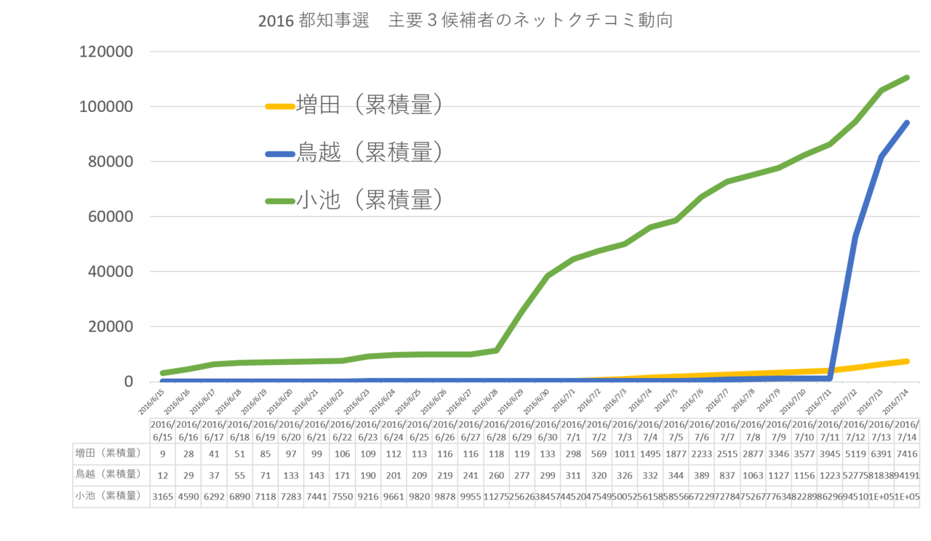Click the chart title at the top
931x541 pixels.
tap(465, 20)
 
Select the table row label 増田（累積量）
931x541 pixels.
tap(108, 454)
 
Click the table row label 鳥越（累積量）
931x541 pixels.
tap(108, 475)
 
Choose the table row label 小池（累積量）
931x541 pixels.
tap(108, 496)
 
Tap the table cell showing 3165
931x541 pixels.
tap(163, 496)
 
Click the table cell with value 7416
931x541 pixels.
tap(906, 454)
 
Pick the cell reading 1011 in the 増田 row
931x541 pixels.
tap(624, 454)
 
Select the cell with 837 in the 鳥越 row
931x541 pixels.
tap(727, 475)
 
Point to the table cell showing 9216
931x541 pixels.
tap(368, 496)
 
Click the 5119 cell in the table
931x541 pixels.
tap(855, 454)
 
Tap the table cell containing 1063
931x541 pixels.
tap(753, 475)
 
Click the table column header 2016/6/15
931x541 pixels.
tap(163, 430)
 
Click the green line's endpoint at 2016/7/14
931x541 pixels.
tap(908, 77)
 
